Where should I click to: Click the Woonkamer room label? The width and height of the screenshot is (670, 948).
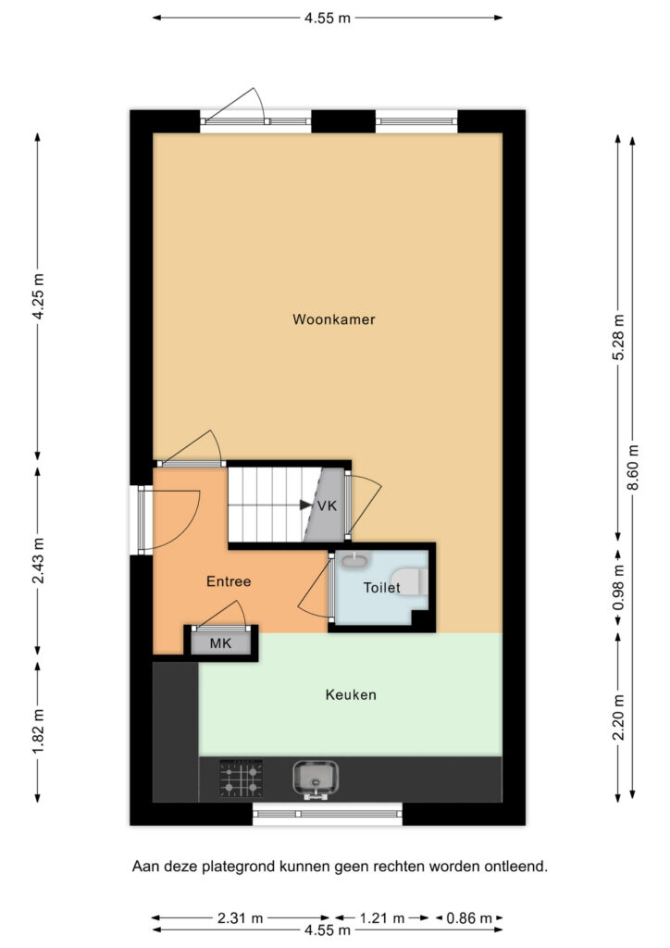coord(333,319)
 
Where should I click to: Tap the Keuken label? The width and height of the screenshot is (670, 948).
coord(351,694)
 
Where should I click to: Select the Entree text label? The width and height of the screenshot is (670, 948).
coord(229,581)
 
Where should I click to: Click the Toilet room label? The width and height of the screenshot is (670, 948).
coord(382,587)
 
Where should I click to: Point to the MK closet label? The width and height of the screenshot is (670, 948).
coord(220,643)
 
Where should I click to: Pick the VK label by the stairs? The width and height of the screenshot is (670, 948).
coord(327,505)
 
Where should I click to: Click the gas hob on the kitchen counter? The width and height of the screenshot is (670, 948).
coord(241,778)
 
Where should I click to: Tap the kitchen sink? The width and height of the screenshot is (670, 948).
coord(316,779)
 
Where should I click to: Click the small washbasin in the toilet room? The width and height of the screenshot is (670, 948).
coord(354,561)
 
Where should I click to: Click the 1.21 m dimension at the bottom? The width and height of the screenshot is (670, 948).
coord(382,918)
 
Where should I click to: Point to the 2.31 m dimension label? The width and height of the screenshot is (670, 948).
coord(240,918)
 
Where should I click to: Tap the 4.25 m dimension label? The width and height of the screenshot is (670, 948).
coord(38,297)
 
